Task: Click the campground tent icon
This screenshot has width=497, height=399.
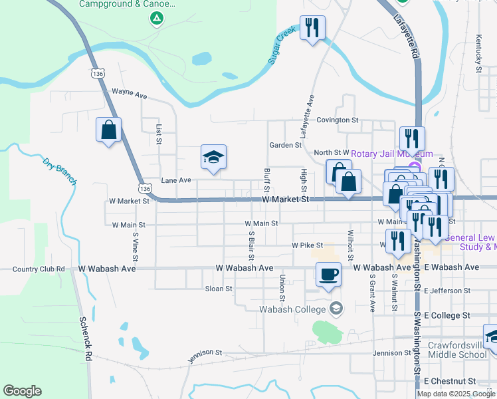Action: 156,18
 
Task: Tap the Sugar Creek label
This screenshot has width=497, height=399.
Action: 281,46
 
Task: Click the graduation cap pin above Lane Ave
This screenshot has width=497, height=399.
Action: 214,158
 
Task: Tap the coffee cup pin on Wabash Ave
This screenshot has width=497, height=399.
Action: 328,274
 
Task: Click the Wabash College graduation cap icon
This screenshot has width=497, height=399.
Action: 337,308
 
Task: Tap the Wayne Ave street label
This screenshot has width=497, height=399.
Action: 129,94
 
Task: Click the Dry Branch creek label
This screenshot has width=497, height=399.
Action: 60,171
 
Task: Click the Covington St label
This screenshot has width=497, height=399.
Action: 337,120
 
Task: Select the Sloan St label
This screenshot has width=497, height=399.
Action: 219,289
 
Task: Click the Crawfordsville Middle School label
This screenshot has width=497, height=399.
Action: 457,350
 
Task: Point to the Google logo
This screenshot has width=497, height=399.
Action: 22,391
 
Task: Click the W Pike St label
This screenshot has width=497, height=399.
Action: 307,245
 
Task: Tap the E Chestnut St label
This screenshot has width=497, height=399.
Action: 449,381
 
